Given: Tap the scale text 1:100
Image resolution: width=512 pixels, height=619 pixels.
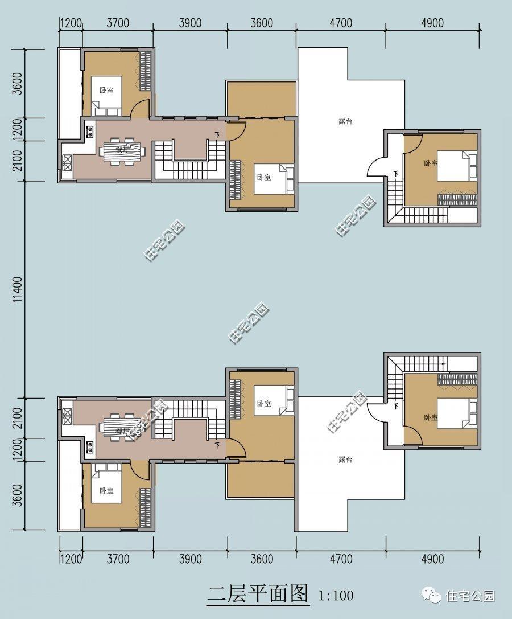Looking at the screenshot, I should (336, 596).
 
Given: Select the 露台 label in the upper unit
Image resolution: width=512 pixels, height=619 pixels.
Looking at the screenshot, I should (345, 121).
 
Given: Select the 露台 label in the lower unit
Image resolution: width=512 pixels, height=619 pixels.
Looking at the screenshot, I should (345, 459).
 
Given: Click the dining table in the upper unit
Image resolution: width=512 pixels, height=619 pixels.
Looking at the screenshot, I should (121, 151).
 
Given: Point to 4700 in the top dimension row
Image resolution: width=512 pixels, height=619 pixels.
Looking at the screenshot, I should (340, 23).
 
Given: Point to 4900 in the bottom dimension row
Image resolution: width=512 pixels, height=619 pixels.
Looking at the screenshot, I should (433, 559).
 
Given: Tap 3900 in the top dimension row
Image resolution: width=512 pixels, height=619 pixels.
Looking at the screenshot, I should (190, 23).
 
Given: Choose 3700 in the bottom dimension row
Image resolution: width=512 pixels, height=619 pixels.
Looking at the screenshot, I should (118, 559).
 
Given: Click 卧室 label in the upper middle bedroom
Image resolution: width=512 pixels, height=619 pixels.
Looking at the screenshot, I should (263, 177).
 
